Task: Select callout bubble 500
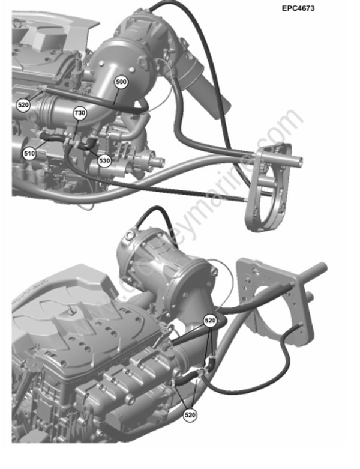122,82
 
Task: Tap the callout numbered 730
79,112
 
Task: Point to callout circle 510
29,153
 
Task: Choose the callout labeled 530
104,161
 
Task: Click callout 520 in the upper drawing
23,105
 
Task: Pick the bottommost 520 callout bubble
190,414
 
